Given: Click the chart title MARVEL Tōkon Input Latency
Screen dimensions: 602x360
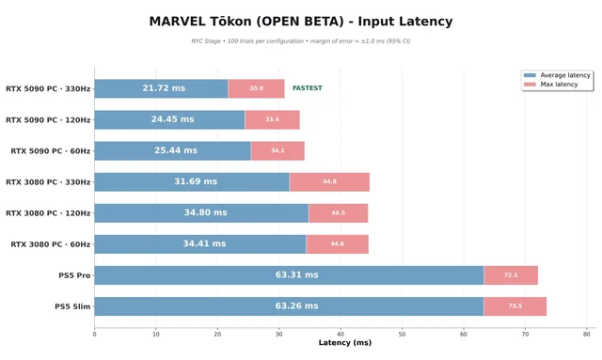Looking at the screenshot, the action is [301, 22].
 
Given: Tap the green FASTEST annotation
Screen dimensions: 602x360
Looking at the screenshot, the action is [308, 88].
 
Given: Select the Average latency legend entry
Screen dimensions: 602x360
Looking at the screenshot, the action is [557, 75].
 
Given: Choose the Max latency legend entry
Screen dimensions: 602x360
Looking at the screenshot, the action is [551, 85].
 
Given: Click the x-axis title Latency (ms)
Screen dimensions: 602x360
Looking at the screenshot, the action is [345, 343].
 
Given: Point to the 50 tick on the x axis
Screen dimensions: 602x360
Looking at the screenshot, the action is [402, 335].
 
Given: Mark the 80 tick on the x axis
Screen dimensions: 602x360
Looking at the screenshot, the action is [586, 335].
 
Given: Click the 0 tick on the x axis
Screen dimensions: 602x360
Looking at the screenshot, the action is [94, 335].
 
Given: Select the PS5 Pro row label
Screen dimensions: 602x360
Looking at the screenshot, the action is [74, 275].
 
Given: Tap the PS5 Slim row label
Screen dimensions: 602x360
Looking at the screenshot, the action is [72, 306].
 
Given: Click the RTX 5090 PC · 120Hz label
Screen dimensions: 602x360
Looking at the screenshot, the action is [48, 120].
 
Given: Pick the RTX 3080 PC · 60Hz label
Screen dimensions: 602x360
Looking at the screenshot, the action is [50, 244].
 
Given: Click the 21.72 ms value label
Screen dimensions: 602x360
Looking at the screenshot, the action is [164, 88].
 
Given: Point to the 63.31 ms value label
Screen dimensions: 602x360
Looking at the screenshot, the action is [297, 274].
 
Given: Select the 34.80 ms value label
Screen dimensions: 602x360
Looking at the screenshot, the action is [205, 212].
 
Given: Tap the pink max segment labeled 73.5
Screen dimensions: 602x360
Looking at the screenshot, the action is [515, 306].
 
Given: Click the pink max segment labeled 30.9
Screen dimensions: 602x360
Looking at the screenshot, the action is [256, 88].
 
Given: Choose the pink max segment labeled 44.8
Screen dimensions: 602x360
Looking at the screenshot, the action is [329, 182].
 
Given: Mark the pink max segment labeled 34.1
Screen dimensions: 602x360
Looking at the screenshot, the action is [277, 150].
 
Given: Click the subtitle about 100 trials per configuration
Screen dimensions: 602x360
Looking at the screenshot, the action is [301, 41].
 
